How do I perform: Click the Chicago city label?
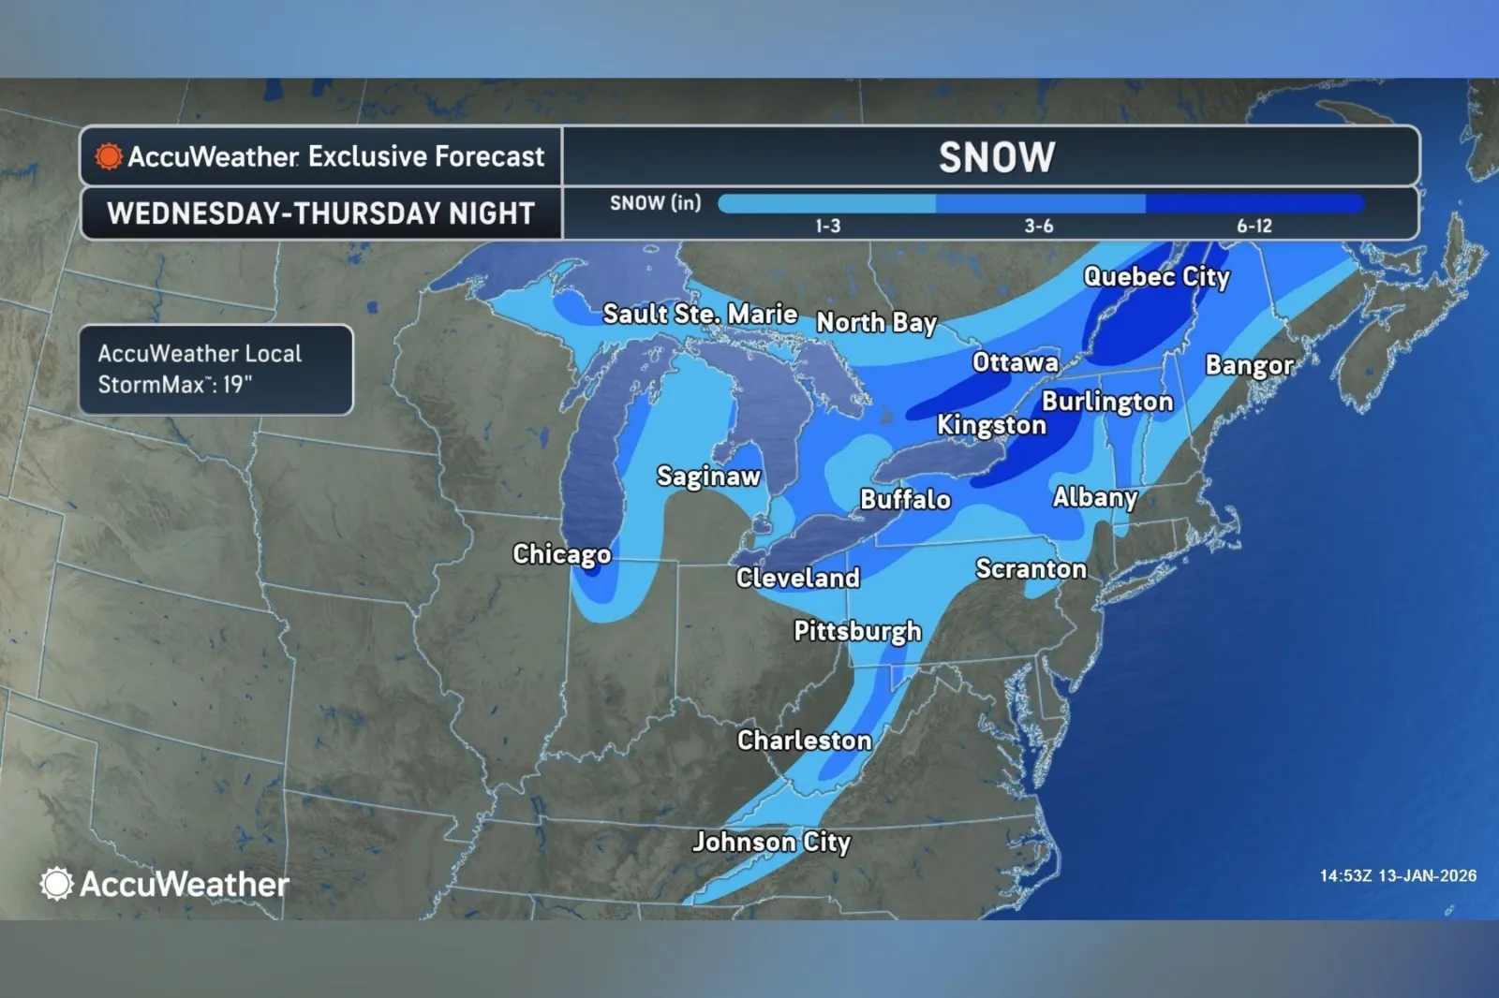561,554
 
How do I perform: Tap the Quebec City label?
1156,277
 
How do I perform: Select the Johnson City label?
771,843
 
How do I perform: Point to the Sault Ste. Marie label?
700,314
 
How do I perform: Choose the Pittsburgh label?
857,632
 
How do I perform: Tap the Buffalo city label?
905,500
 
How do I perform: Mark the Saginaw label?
708,477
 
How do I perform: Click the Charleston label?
804,741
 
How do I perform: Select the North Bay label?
876,323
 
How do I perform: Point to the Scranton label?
1031,569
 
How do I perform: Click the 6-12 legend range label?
1254,226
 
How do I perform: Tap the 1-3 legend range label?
827,226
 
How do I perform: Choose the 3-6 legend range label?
1038,226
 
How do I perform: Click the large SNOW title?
997,157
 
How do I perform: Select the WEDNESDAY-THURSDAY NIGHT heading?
320,213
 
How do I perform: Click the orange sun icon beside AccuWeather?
109,156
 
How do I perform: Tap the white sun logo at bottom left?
56,884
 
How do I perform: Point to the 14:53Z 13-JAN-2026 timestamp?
1398,876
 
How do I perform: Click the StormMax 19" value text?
175,384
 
